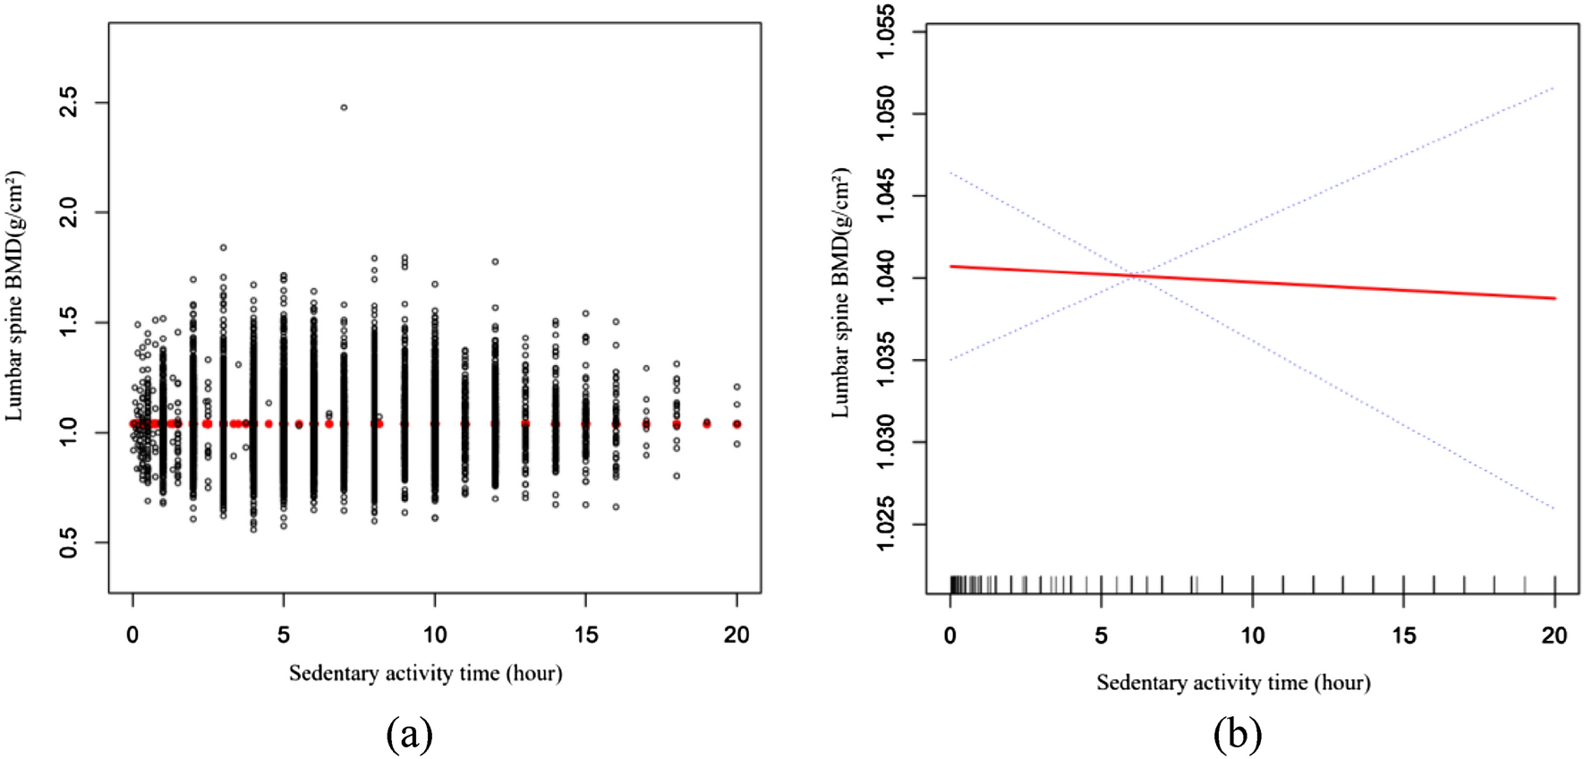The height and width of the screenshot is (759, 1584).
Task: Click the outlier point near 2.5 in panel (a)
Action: point(344,107)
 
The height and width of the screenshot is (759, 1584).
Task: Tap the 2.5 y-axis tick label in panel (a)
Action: point(69,102)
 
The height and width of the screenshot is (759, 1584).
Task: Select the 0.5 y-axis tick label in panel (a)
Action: point(69,542)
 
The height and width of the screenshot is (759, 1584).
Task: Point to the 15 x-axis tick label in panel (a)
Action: point(585,635)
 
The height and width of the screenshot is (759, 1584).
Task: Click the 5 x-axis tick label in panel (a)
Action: point(284,635)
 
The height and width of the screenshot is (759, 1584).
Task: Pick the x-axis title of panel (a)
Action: point(425,673)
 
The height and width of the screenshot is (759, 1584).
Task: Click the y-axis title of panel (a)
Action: point(15,295)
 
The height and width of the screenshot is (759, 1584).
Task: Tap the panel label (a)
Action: point(409,734)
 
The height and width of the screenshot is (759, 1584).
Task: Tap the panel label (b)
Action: point(1237,734)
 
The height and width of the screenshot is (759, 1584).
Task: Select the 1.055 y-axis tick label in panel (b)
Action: point(884,32)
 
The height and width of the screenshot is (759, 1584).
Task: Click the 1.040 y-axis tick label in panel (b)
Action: point(884,277)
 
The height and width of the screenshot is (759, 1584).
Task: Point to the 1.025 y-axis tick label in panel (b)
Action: point(884,524)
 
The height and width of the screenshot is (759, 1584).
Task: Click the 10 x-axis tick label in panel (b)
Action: point(1252,635)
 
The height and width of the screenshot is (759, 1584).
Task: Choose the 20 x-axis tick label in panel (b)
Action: point(1554,635)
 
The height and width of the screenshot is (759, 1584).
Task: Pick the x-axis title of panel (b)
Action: point(1233,683)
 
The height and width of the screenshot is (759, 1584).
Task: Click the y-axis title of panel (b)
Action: point(840,293)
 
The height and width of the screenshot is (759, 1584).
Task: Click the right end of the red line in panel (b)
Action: point(1554,298)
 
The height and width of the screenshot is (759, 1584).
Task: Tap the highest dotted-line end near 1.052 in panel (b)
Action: point(1554,88)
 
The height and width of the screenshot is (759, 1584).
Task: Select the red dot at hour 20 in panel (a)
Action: point(737,424)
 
